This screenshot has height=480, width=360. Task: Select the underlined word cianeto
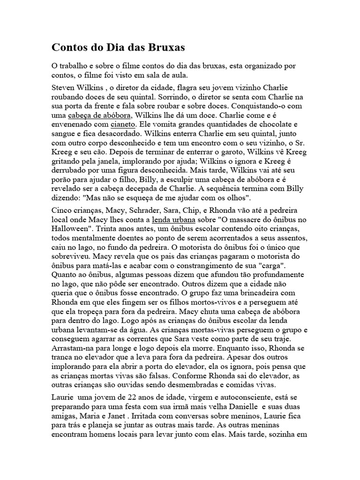pyautogui.click(x=123, y=125)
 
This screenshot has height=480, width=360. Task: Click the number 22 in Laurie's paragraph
pyautogui.click(x=126, y=398)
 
